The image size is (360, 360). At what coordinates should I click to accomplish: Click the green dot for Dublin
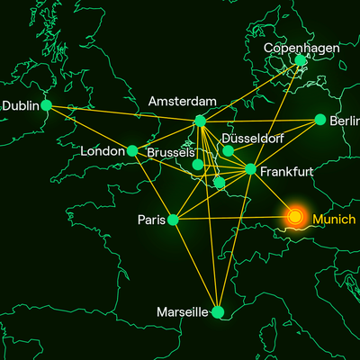46,105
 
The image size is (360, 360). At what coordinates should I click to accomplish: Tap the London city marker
132,151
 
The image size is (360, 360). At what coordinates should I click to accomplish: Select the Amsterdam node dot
200,121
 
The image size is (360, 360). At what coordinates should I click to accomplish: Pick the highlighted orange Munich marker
294,216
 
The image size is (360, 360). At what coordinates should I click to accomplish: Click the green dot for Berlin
320,120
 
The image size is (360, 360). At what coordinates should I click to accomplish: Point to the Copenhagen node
301,61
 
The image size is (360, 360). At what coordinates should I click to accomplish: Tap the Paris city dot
173,219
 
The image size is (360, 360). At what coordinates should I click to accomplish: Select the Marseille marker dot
217,312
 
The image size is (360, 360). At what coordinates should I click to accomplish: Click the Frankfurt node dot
250,169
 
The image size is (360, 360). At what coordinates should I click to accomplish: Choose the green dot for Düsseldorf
228,150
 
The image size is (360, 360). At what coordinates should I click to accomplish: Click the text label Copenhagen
301,47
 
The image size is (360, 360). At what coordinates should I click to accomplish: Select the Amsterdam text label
183,100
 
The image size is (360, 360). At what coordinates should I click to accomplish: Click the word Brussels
170,152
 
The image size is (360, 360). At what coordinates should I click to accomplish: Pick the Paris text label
150,220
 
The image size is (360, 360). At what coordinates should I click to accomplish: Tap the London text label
102,151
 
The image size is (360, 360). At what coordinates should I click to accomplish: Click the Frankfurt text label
285,170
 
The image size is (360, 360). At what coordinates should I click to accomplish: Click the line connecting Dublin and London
89,128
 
